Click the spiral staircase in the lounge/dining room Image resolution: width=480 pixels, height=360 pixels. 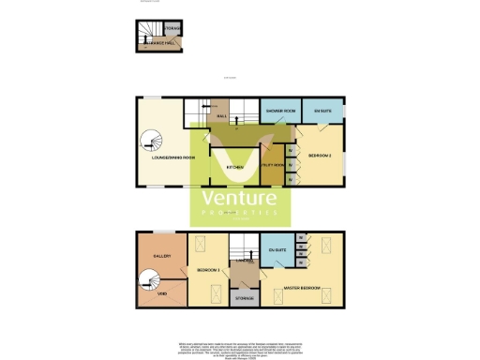point(151,142)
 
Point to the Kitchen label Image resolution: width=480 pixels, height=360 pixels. point(235,168)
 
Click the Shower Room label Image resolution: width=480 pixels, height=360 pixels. point(280,112)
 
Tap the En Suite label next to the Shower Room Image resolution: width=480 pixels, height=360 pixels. point(323,112)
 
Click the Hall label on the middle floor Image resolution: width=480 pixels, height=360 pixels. point(221,115)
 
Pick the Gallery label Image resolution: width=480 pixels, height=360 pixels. point(160,255)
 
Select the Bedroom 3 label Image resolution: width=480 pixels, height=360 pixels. point(208,270)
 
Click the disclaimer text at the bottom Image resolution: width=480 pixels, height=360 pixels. point(239,346)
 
